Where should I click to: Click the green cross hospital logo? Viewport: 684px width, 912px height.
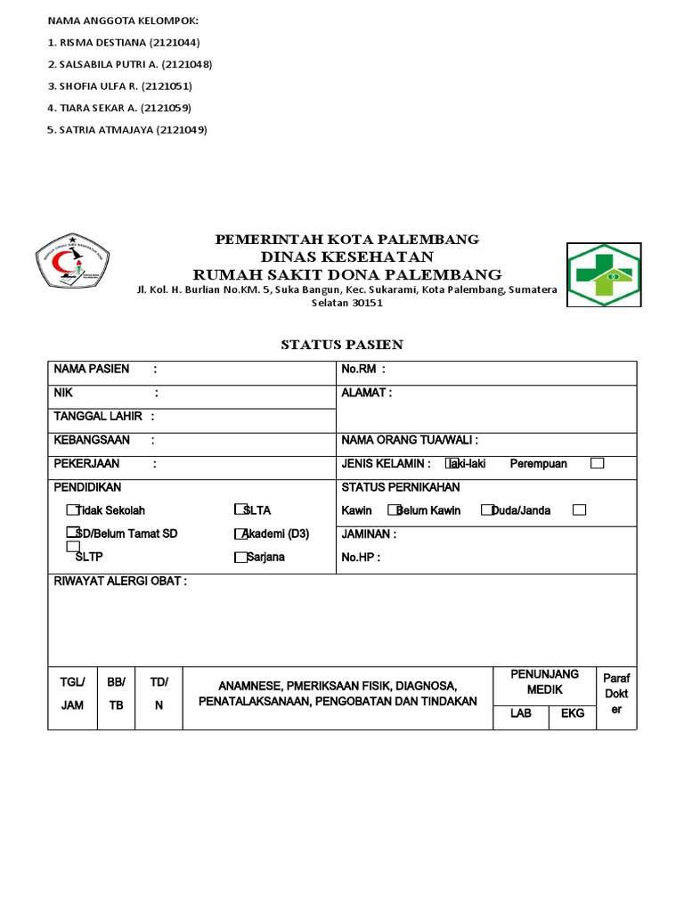click(x=603, y=274)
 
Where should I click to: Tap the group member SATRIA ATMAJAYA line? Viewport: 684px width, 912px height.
click(x=126, y=129)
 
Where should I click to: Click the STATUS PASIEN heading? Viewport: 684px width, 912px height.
click(x=342, y=344)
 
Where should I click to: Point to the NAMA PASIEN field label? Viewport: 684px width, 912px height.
click(x=92, y=369)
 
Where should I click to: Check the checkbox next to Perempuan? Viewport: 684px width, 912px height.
click(x=598, y=463)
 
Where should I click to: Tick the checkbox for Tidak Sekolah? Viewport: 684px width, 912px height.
click(x=72, y=510)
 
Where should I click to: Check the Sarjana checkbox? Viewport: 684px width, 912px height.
click(x=240, y=558)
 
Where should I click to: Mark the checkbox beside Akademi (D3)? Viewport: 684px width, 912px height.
click(x=240, y=534)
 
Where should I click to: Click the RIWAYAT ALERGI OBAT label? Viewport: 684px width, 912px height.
click(x=120, y=582)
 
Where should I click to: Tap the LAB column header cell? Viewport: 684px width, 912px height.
click(x=520, y=713)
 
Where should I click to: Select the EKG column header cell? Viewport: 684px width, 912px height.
click(x=573, y=713)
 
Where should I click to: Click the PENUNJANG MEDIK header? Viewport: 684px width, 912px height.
click(x=544, y=681)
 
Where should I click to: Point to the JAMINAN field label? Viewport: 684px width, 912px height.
click(x=369, y=534)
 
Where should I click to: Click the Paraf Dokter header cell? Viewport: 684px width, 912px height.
click(x=615, y=694)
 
